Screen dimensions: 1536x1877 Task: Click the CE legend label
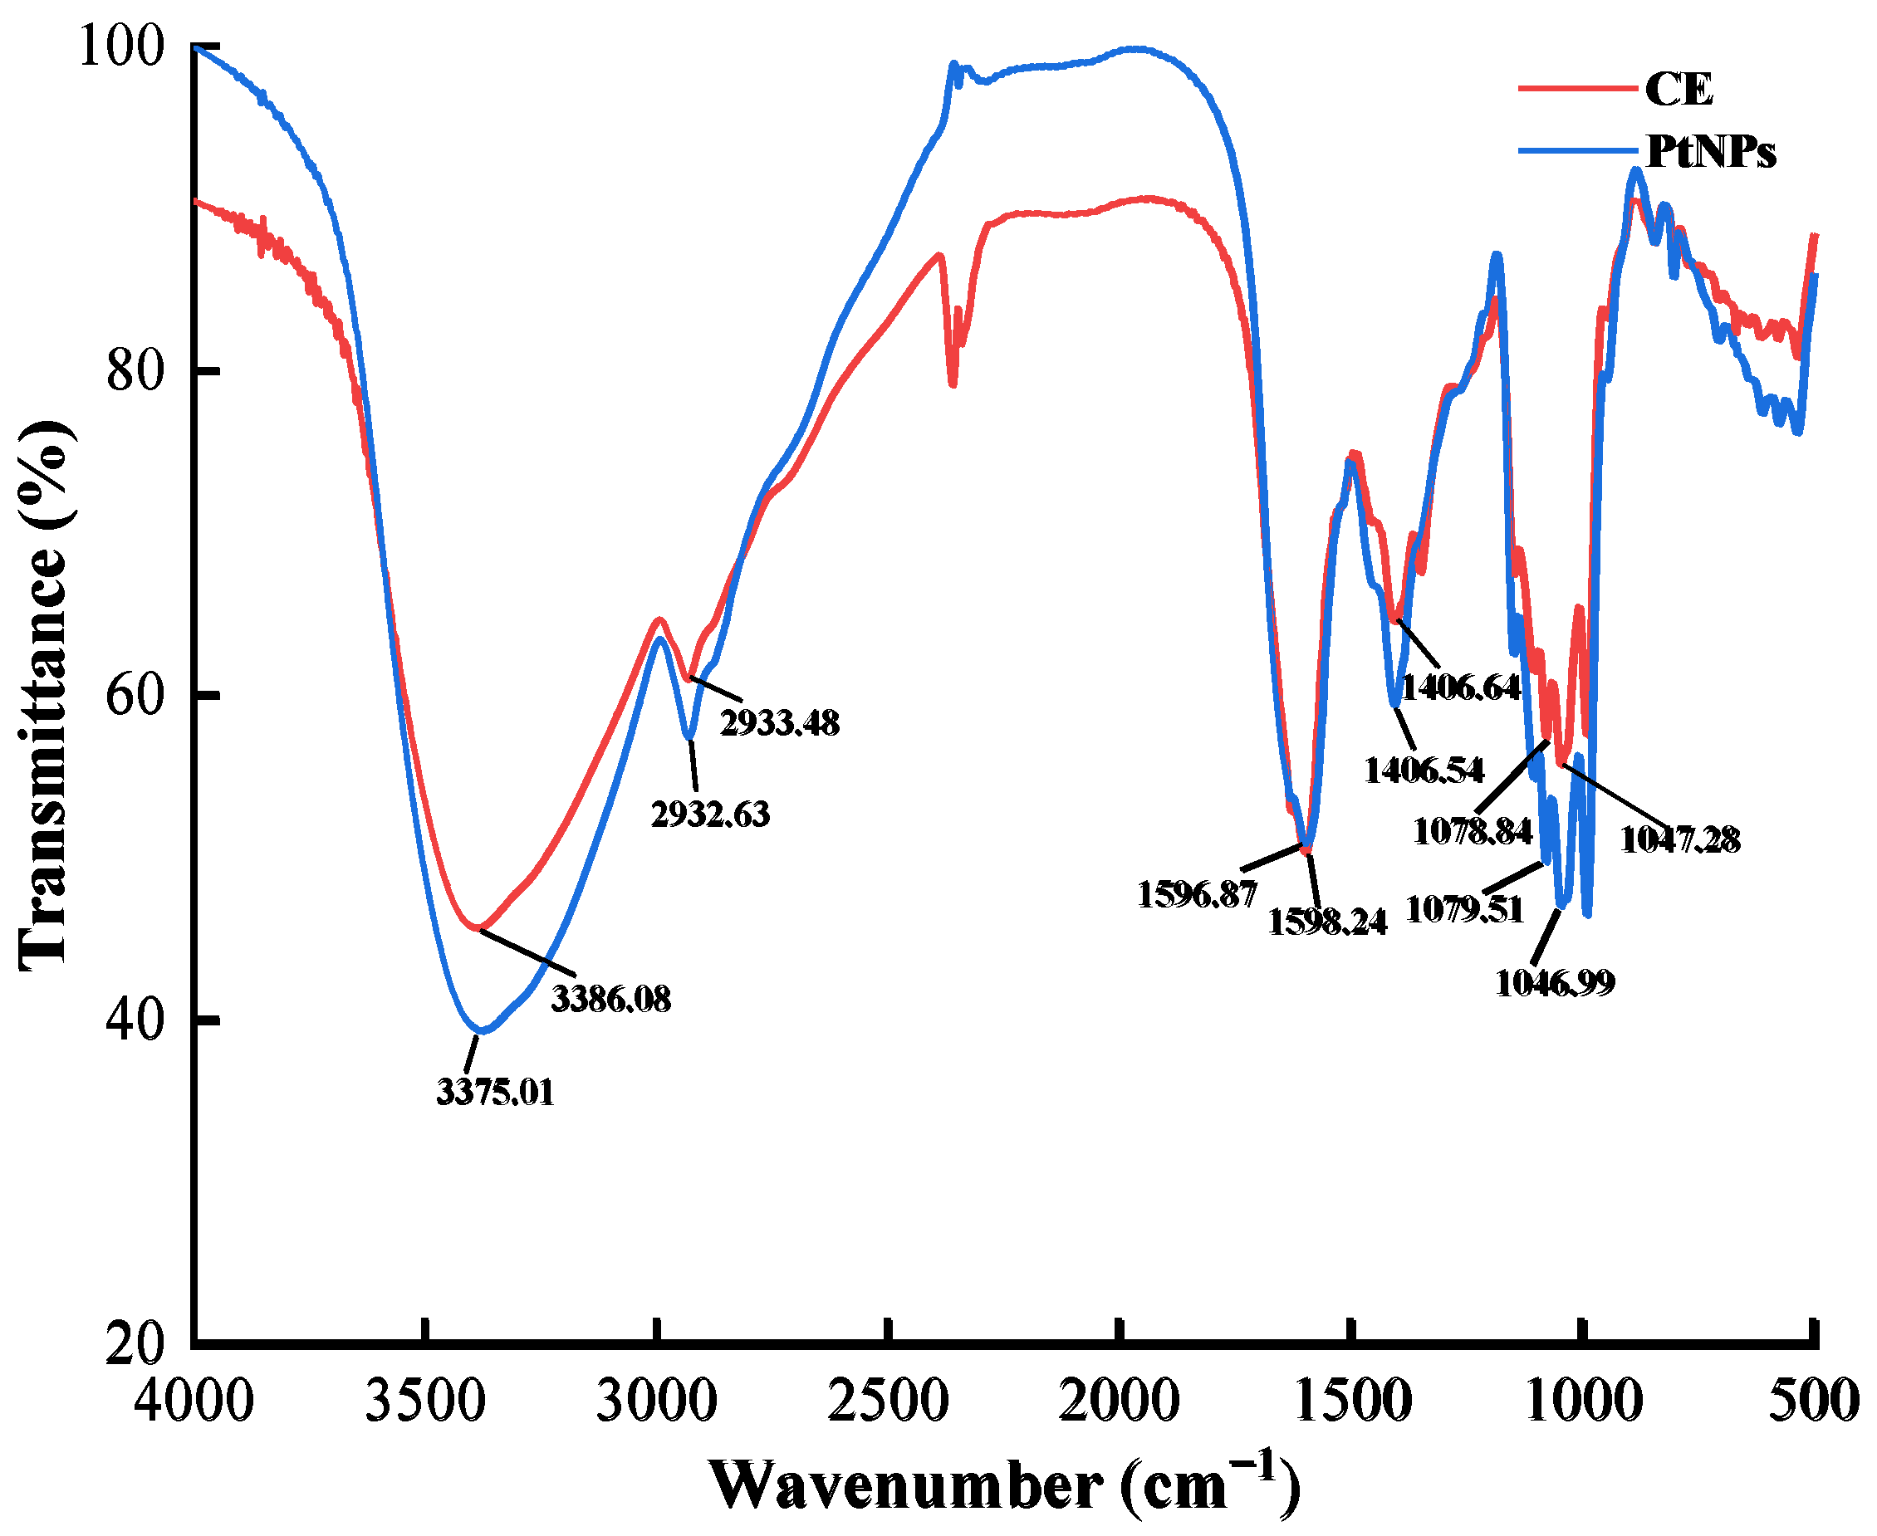[1678, 89]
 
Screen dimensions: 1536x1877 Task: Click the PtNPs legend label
[1710, 152]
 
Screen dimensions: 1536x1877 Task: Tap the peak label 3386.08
[610, 999]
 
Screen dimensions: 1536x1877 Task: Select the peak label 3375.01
[496, 1093]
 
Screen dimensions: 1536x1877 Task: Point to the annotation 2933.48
[779, 723]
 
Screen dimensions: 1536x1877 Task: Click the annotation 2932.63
[710, 814]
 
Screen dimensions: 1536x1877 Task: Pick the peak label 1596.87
[1197, 894]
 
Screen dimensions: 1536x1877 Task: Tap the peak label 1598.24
[1326, 922]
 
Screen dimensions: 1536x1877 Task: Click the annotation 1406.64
[1460, 687]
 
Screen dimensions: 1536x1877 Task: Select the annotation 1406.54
[1423, 770]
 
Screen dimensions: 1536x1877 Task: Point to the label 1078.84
[1472, 832]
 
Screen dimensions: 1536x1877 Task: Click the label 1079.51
[1464, 908]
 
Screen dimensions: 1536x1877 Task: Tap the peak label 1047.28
[1679, 839]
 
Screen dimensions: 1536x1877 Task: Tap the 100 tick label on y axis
[122, 46]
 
